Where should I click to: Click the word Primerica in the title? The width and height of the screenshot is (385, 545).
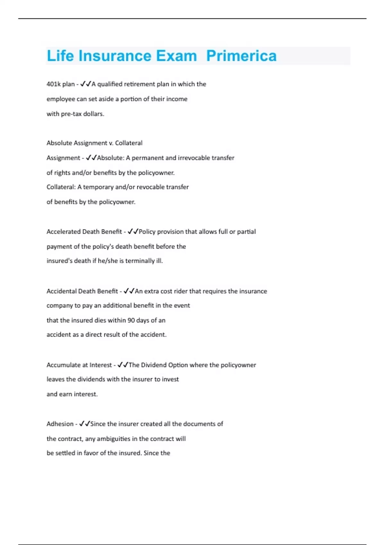(241, 56)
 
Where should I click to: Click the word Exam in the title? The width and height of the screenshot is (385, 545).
(176, 56)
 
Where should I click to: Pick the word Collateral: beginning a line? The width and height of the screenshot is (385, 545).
(61, 187)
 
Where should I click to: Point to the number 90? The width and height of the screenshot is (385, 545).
(131, 320)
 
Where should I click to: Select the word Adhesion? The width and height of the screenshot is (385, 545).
(60, 424)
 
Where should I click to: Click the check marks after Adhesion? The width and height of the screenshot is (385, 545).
(84, 424)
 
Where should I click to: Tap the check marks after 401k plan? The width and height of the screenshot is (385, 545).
(86, 84)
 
